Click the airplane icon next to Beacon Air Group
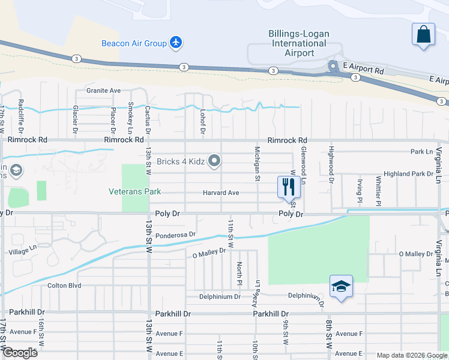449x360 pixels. (176, 43)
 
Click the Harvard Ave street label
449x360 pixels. (220, 193)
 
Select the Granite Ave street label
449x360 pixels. (103, 91)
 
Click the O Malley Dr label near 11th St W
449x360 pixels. (208, 254)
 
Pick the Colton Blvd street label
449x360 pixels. (64, 286)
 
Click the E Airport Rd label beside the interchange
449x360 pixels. (363, 70)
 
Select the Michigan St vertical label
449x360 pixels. (257, 163)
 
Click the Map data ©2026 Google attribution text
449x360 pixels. (411, 355)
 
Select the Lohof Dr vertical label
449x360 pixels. (203, 122)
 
